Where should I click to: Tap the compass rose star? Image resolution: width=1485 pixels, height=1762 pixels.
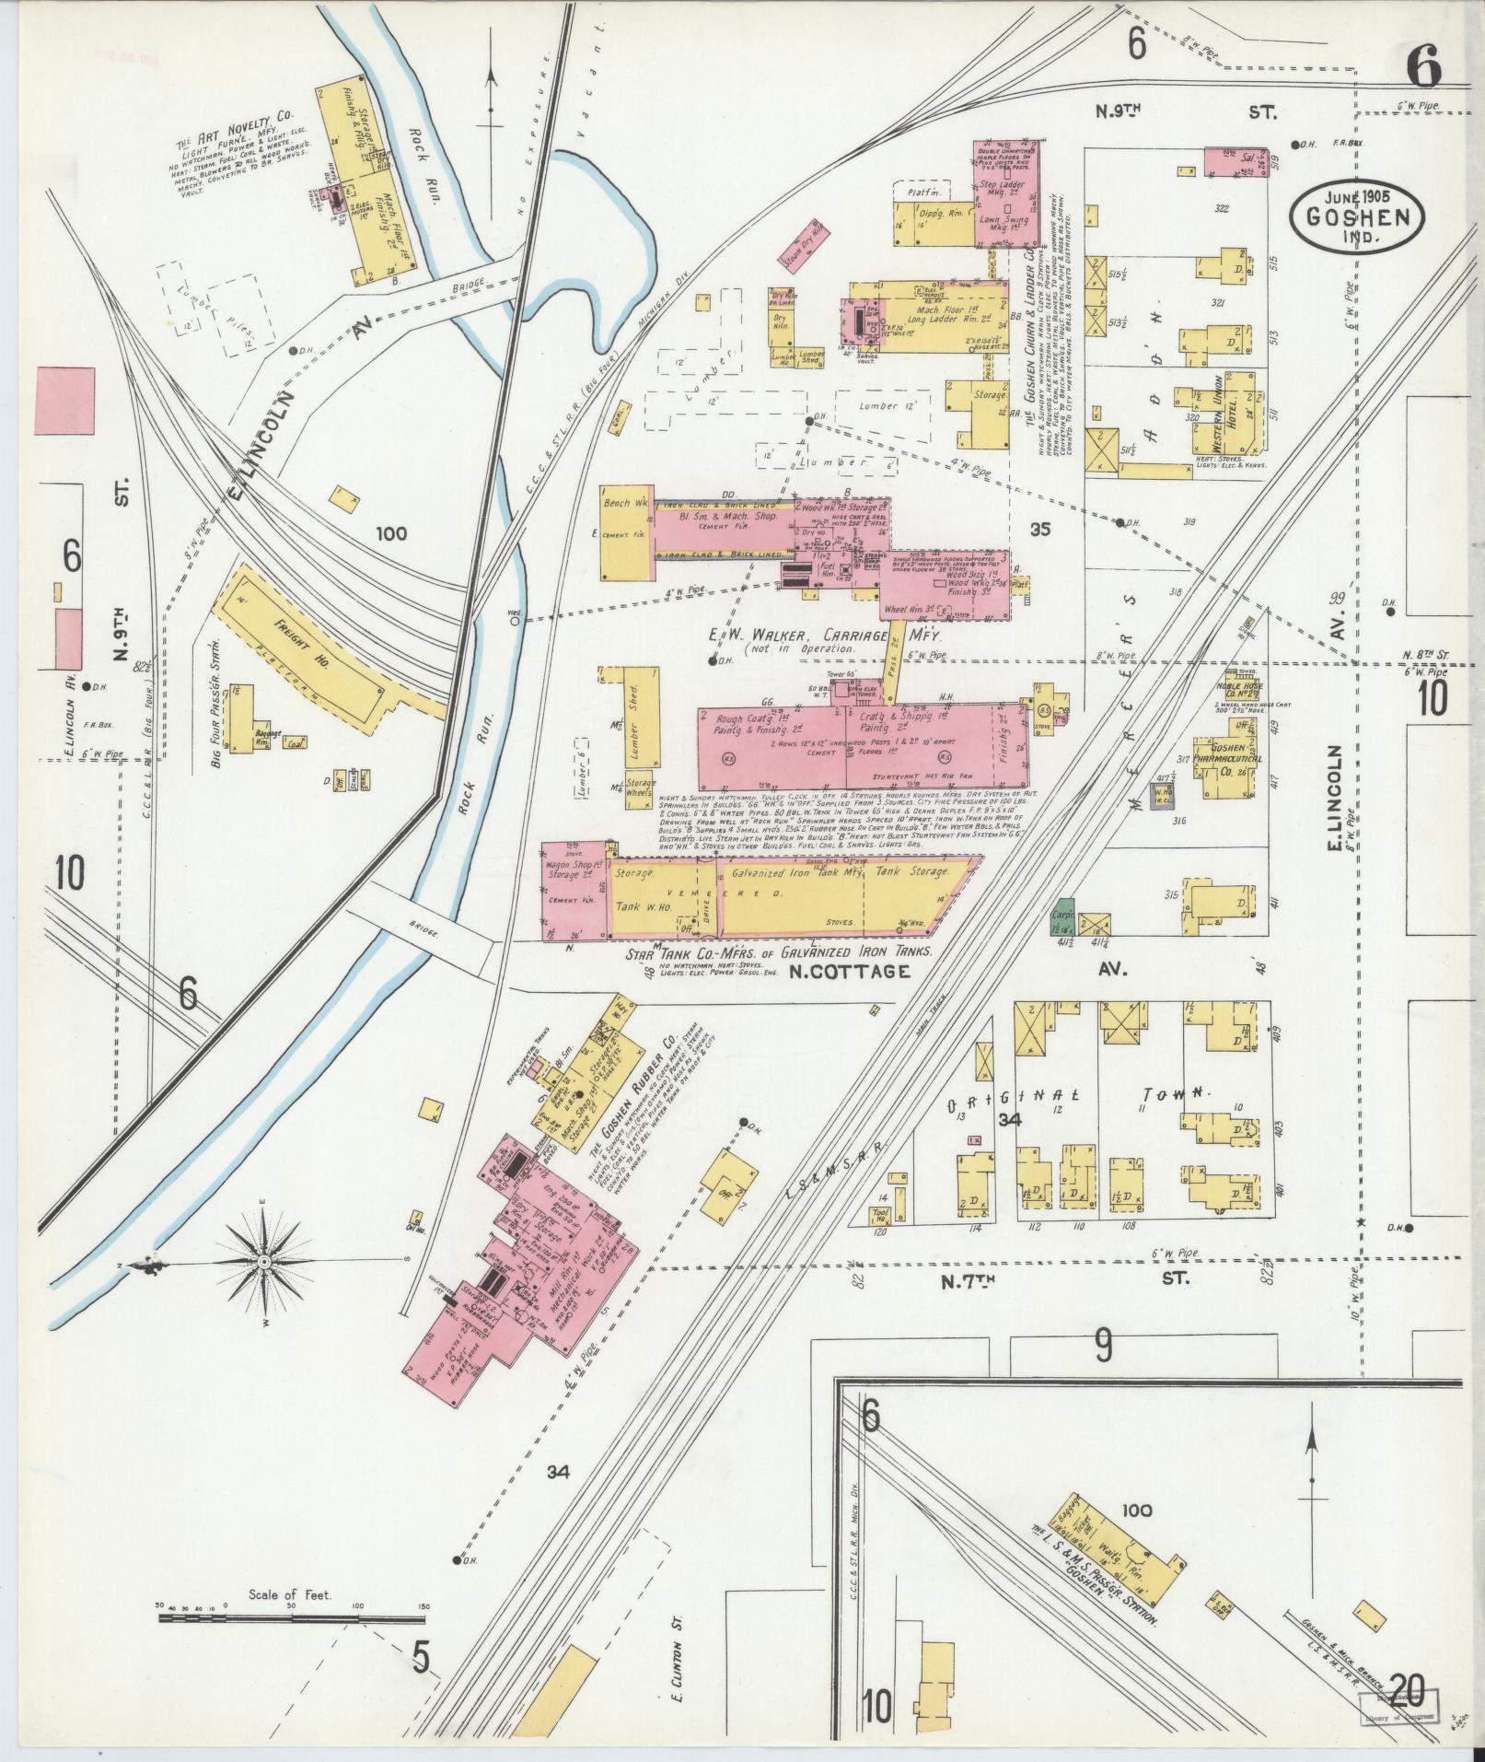265,1260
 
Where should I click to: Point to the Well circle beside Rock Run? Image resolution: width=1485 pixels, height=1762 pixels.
515,621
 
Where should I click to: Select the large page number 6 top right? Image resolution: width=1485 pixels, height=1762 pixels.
1422,67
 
